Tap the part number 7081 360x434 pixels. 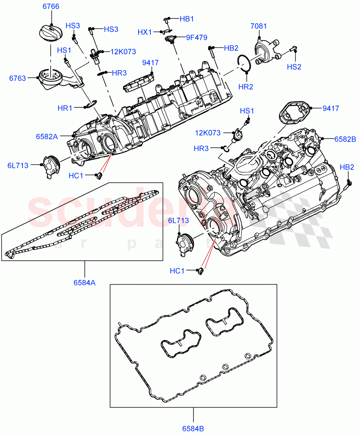pos(259,26)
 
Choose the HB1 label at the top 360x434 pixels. pos(187,18)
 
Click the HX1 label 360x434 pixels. pos(145,32)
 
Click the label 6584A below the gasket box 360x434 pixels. pos(85,283)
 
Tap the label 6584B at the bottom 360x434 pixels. pos(193,429)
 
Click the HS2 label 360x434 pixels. pos(294,67)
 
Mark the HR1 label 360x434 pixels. pos(65,108)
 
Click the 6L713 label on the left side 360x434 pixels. pos(18,166)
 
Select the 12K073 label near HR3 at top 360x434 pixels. pos(123,52)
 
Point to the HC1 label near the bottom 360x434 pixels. pos(177,271)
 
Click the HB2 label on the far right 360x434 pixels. pos(347,167)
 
